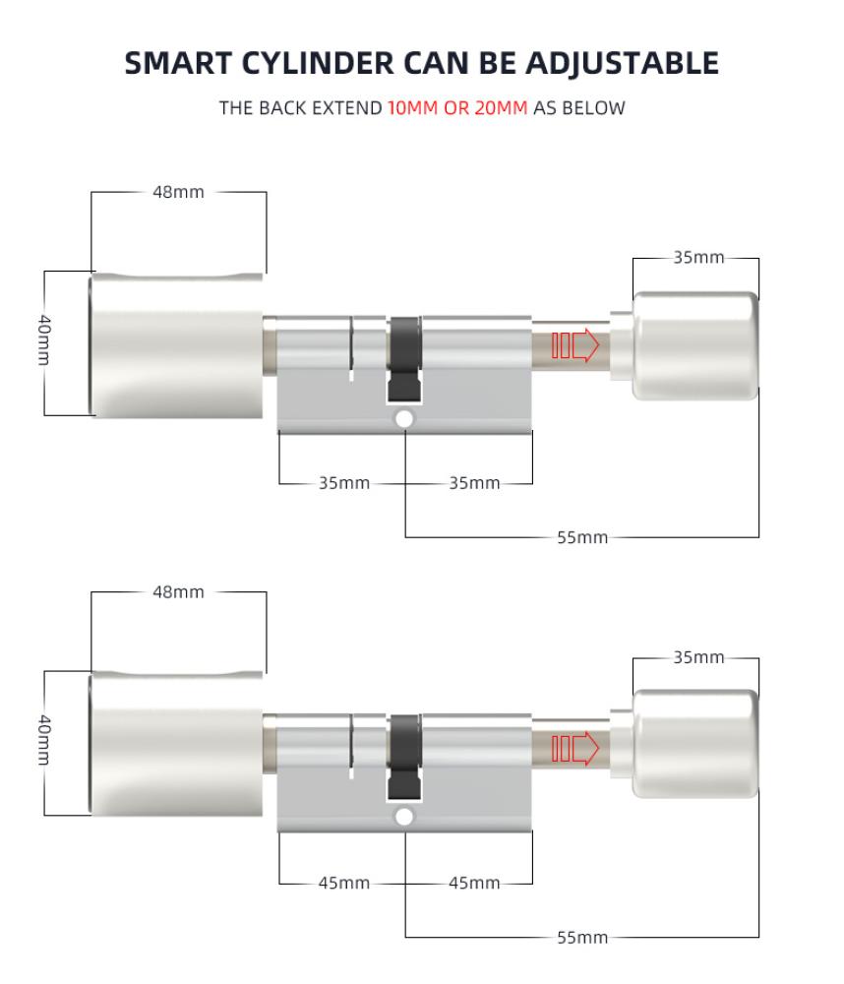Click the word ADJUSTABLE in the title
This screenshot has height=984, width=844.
(x=622, y=63)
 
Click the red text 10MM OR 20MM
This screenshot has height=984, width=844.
(x=457, y=108)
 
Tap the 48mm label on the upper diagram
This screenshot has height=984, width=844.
(x=178, y=192)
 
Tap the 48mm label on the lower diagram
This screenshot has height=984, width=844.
(x=178, y=591)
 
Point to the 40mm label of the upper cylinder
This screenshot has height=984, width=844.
(x=44, y=339)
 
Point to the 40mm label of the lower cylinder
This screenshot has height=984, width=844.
(x=44, y=739)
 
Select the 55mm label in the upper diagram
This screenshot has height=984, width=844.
(x=582, y=538)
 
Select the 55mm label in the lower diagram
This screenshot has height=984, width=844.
(x=582, y=938)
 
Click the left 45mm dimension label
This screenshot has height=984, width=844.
(x=344, y=883)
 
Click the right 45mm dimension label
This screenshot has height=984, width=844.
(x=474, y=883)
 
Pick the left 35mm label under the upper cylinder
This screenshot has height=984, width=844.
(x=344, y=483)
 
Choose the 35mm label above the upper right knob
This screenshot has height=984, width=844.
(x=699, y=257)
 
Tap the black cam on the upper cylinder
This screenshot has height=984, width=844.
(x=404, y=359)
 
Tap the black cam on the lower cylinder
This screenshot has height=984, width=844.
(x=404, y=758)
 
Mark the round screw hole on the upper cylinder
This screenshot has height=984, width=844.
(x=404, y=418)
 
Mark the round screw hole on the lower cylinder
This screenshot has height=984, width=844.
(x=404, y=817)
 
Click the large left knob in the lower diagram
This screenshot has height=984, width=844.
(x=176, y=744)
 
